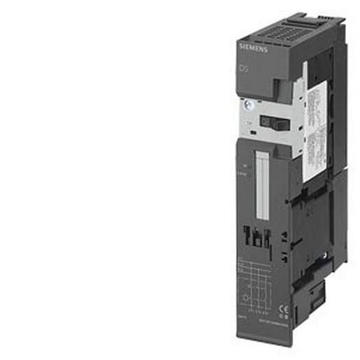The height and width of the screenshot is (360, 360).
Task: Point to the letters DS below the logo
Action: [x=243, y=71]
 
